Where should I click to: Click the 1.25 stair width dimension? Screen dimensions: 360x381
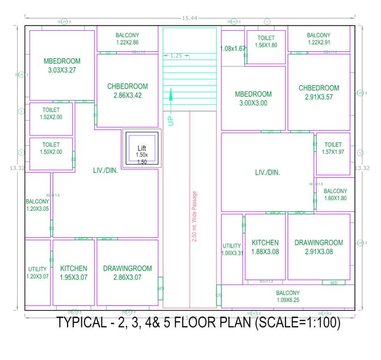(x=176, y=56)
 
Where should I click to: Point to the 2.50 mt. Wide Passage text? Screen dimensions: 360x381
(x=194, y=216)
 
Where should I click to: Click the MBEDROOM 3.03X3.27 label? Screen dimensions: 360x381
(x=62, y=66)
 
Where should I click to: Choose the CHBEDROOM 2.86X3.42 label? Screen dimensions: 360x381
(x=127, y=90)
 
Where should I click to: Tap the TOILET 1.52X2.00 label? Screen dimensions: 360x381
(x=51, y=113)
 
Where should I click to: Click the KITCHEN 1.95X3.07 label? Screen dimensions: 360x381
(x=74, y=273)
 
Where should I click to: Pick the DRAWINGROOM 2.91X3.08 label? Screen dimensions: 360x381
(x=318, y=247)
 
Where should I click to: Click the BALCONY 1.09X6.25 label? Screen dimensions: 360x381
(x=288, y=296)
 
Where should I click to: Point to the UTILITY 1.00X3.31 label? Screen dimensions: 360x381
(x=232, y=249)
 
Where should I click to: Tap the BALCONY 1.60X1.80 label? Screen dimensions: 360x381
(x=335, y=195)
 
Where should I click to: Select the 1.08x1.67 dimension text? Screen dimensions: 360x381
(x=233, y=48)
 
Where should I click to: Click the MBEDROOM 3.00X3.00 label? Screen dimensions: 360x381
(x=253, y=98)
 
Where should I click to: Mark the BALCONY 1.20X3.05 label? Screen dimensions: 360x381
(x=37, y=205)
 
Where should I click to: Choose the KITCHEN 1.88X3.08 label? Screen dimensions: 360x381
(x=265, y=247)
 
